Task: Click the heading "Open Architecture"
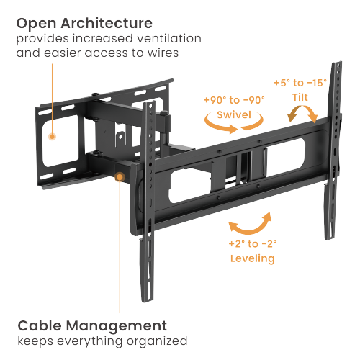click(x=85, y=22)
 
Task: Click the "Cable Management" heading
click(x=92, y=325)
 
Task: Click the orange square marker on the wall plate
click(x=50, y=135)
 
